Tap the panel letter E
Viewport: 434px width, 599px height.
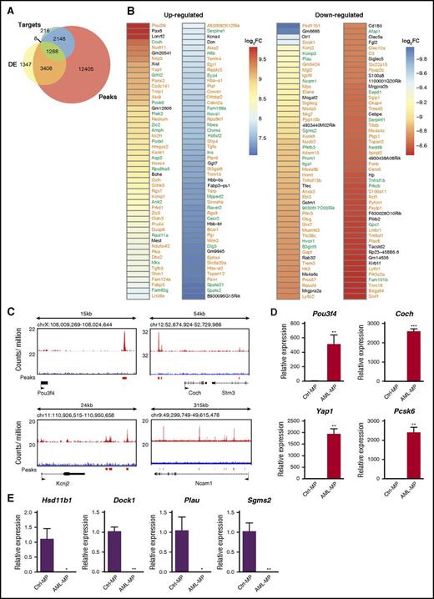pos(6,476)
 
